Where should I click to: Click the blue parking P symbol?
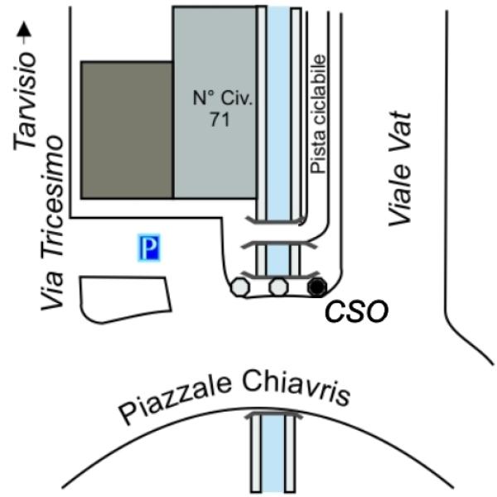(149, 247)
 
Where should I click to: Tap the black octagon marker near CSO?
(317, 287)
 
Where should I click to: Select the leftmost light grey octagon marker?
(240, 287)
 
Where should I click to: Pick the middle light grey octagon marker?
(279, 287)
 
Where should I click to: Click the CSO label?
(356, 311)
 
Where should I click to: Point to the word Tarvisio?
(24, 101)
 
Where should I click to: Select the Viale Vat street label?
(400, 169)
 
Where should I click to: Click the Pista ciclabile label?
(318, 114)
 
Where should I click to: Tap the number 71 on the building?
(220, 119)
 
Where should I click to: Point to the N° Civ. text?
(223, 98)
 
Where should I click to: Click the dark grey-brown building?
(127, 130)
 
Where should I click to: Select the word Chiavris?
(297, 389)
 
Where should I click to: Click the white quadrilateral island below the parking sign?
(126, 300)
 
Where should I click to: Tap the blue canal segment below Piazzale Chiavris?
(273, 453)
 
